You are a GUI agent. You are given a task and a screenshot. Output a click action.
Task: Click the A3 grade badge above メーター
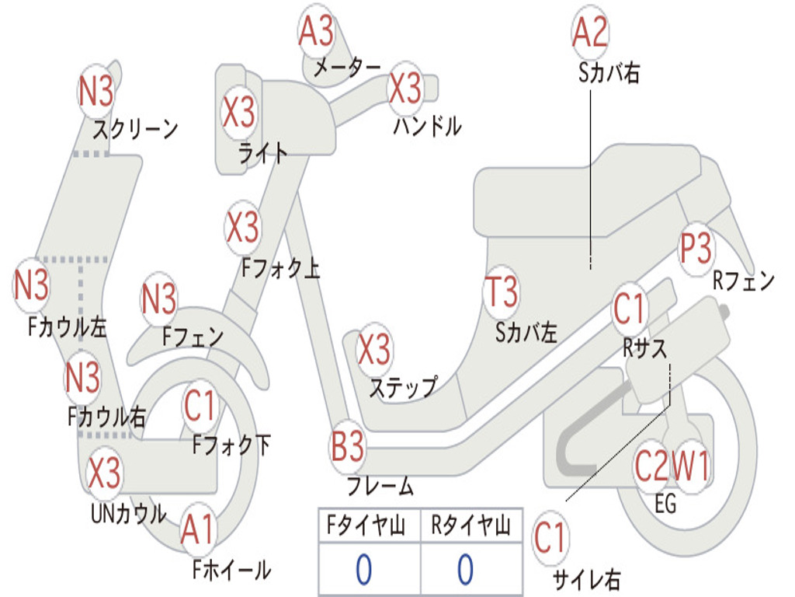tap(317, 30)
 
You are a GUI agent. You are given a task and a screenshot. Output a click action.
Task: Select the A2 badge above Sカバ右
tap(590, 31)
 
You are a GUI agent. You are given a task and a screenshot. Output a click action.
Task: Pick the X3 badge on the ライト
tap(239, 112)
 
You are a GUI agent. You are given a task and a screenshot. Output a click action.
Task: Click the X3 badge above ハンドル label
tap(405, 88)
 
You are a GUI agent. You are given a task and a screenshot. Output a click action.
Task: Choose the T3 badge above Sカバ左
tap(502, 292)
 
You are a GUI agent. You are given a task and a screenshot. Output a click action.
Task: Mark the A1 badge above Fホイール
tap(199, 529)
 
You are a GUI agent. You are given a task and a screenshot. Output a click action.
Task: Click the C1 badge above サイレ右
tap(550, 538)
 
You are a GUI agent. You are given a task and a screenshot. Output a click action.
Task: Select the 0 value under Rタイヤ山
tap(466, 569)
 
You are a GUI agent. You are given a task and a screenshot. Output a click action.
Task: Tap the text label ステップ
tap(403, 389)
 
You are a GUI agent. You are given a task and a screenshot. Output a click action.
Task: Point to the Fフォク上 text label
tap(280, 268)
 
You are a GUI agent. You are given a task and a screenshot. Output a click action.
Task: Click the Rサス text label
tap(644, 349)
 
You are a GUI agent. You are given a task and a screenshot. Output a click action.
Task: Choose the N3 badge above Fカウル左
tap(31, 285)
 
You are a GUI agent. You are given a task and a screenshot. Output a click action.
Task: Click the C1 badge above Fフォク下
tap(200, 406)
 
